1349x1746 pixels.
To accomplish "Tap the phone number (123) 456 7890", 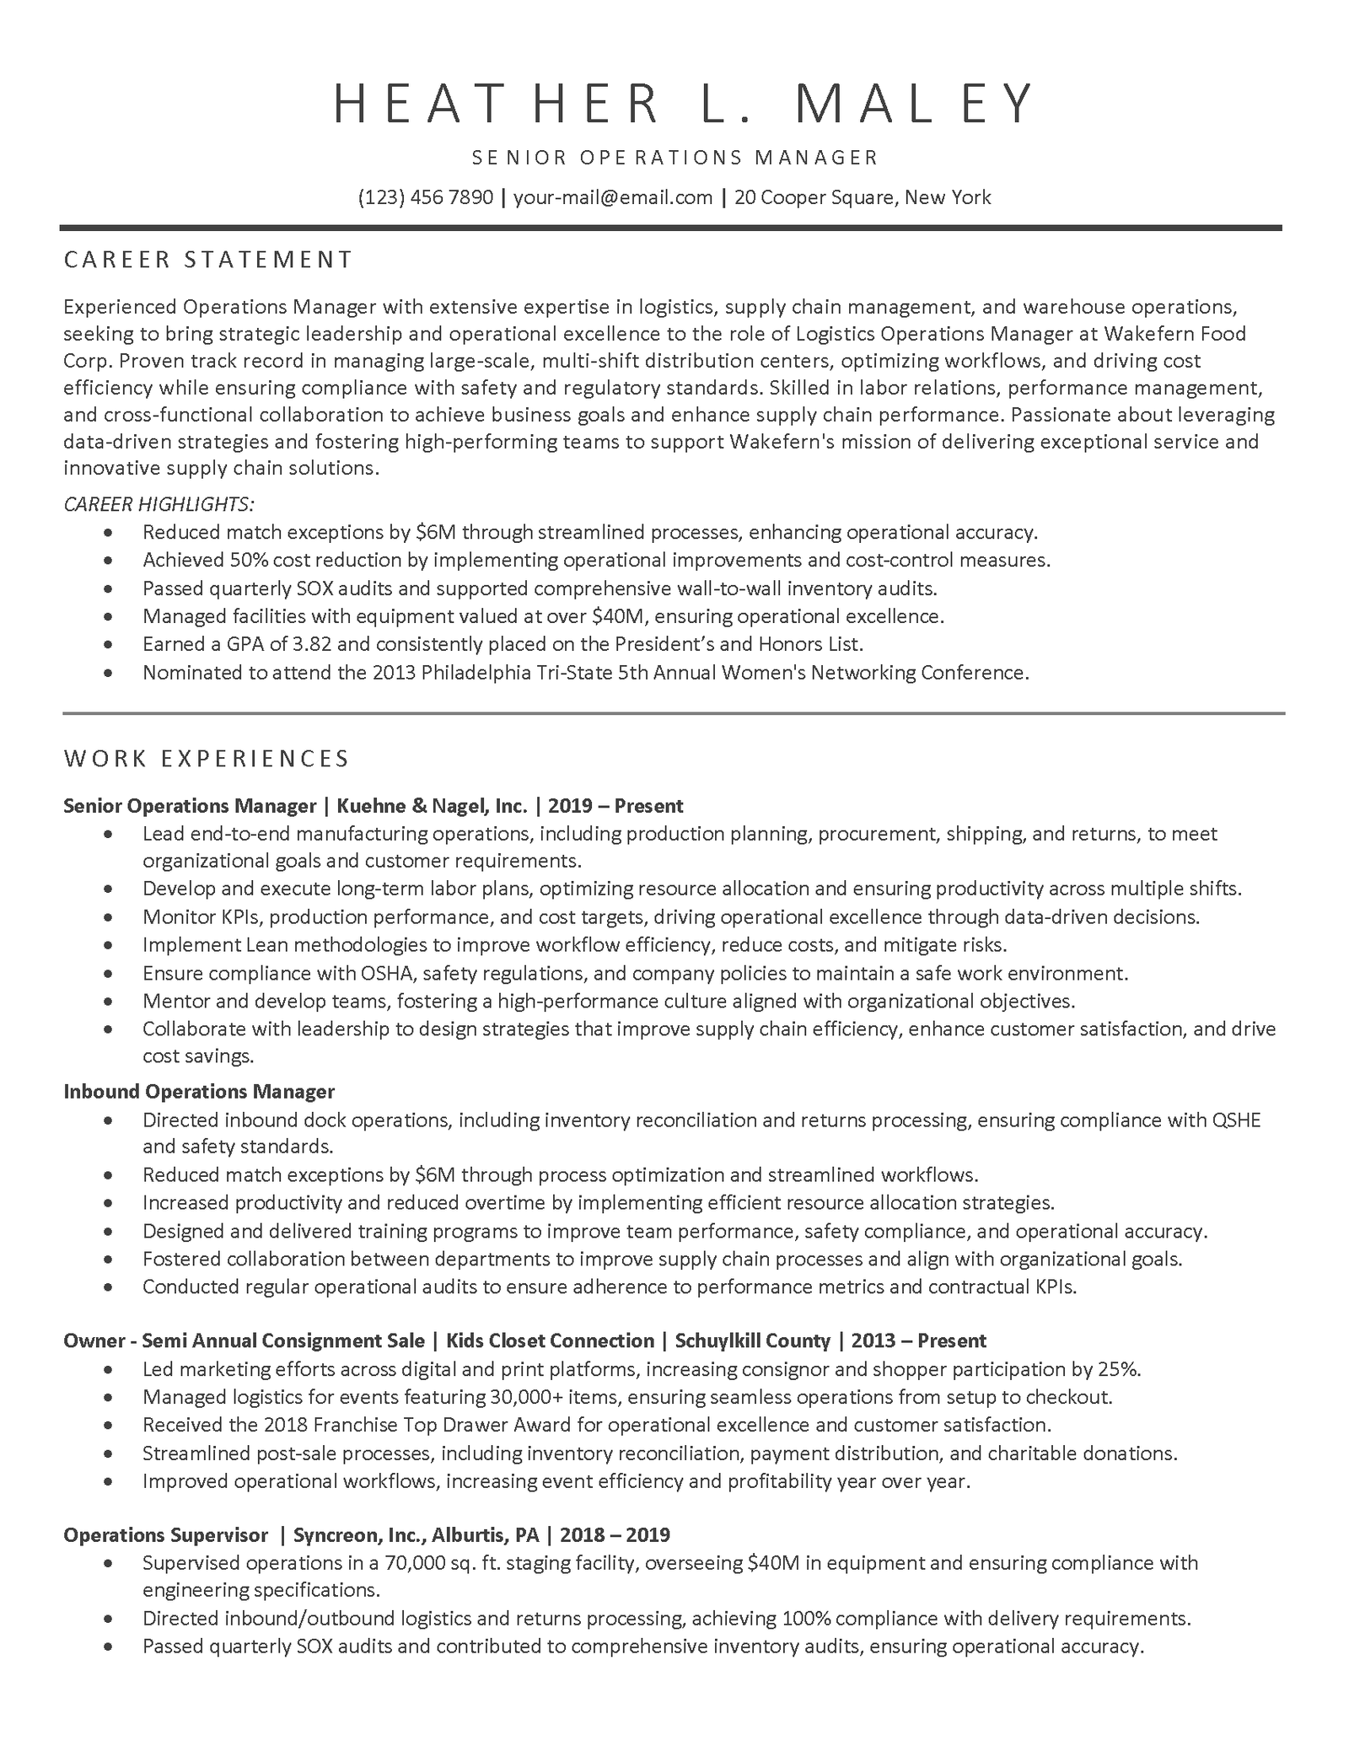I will [426, 197].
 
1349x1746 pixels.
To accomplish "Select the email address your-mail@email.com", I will [613, 197].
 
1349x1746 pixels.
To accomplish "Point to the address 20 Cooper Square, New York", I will [863, 197].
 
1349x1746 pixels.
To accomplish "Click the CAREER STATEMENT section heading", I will [208, 260].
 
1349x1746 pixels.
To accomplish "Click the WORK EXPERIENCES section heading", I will [207, 759].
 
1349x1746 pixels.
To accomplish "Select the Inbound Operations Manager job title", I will [199, 1091].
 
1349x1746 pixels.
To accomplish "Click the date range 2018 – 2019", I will [615, 1534].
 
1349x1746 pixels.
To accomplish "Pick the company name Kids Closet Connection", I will [550, 1340].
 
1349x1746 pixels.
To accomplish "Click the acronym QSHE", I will [1236, 1120].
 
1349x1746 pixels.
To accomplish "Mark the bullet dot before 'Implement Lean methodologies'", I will [108, 945].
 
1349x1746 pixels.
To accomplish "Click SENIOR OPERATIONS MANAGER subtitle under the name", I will [675, 158].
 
